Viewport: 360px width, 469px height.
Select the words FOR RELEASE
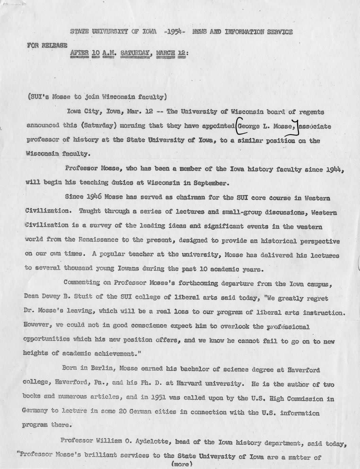(x=47, y=45)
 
